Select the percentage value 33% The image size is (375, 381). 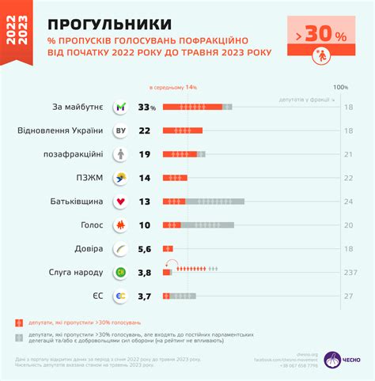(x=147, y=107)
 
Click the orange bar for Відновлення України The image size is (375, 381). (x=183, y=130)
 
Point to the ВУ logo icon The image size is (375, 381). (x=121, y=130)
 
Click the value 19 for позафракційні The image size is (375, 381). (x=145, y=154)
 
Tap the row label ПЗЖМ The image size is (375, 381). (x=90, y=178)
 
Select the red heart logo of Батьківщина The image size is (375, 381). (x=121, y=202)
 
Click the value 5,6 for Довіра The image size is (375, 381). (x=144, y=249)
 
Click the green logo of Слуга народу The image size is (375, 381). (x=121, y=273)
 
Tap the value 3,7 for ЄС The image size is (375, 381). (x=144, y=296)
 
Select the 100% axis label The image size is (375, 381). (x=340, y=87)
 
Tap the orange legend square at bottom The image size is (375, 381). (x=17, y=323)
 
